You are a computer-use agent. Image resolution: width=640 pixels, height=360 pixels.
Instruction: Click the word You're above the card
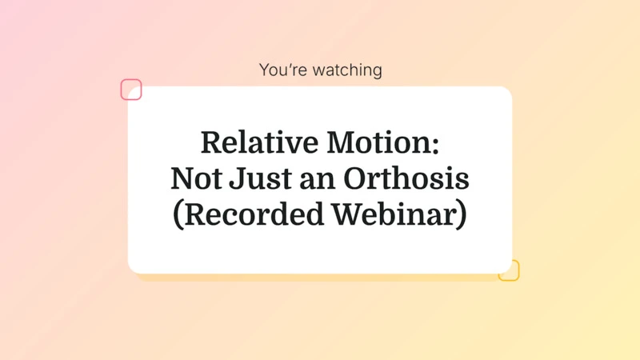(x=279, y=70)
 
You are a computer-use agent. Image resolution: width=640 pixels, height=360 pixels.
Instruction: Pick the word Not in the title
(x=192, y=179)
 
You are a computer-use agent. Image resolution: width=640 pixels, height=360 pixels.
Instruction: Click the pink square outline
(x=131, y=90)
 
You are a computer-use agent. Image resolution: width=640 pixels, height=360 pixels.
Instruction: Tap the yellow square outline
(x=509, y=270)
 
